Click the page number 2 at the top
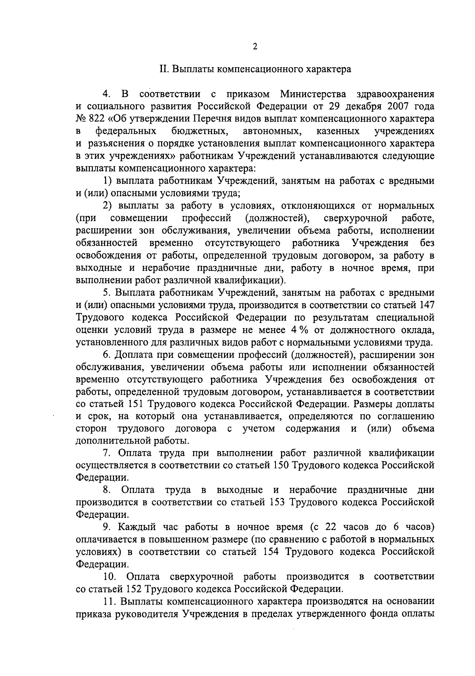pyautogui.click(x=255, y=47)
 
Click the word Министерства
pyautogui.click(x=313, y=94)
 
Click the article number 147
pyautogui.click(x=425, y=305)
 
